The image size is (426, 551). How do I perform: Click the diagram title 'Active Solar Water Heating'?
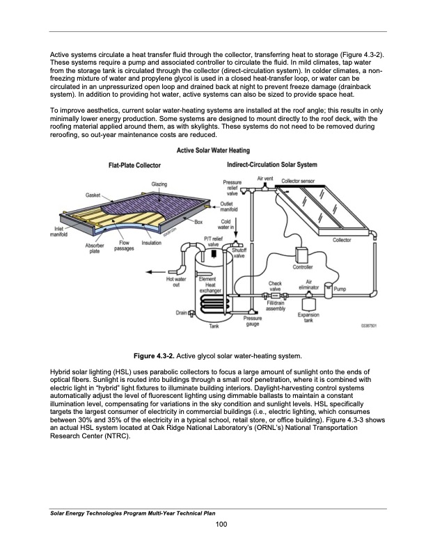(x=213, y=151)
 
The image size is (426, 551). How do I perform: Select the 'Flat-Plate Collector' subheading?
(x=135, y=165)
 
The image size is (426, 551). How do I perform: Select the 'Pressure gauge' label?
(x=253, y=321)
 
